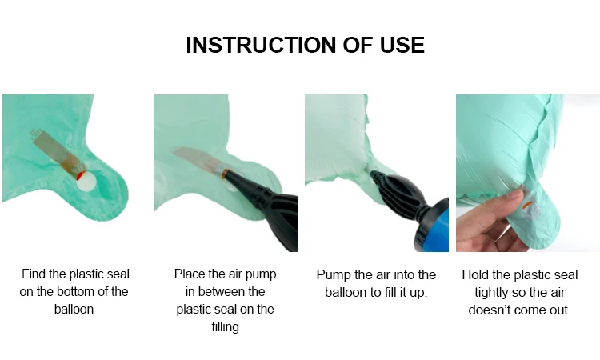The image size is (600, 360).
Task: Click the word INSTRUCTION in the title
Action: tap(261, 45)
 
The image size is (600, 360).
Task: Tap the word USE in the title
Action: tap(402, 45)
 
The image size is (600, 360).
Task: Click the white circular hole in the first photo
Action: tap(86, 181)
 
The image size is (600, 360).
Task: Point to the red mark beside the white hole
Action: tap(79, 176)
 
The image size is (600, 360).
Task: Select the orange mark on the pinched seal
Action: tap(526, 205)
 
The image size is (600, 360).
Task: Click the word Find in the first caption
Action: tap(33, 274)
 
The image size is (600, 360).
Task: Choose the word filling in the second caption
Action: tap(226, 326)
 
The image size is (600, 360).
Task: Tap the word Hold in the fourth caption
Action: tap(475, 274)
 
